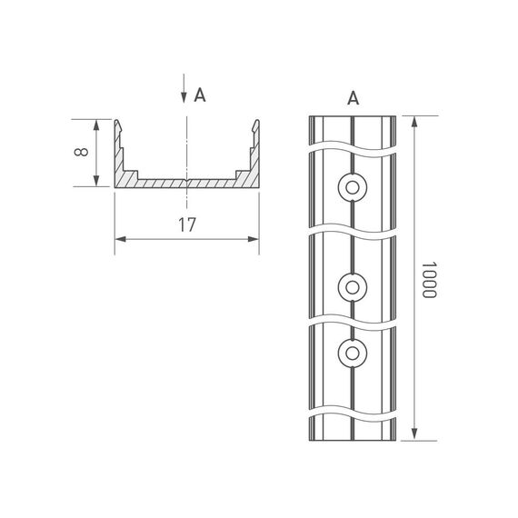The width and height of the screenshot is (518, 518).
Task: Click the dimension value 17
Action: pos(187,226)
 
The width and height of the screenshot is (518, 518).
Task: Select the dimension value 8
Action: pos(83,153)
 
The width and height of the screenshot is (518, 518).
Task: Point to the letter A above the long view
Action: pos(353,98)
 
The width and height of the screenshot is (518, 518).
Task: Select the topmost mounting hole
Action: pos(351,188)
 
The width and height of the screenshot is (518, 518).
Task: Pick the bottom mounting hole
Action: pos(351,351)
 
